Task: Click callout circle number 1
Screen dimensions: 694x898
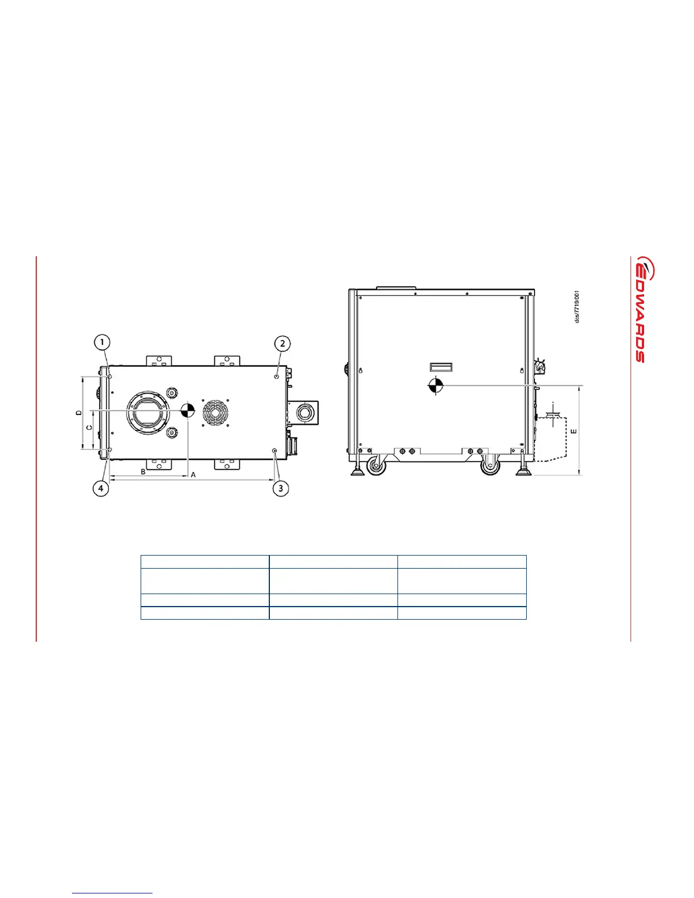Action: tap(102, 342)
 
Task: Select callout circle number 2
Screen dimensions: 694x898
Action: tap(283, 344)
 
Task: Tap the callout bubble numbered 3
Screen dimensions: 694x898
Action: tap(281, 489)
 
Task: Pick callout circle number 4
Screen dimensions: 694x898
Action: tap(101, 489)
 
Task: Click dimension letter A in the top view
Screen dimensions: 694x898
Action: tap(193, 475)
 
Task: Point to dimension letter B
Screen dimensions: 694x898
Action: tap(143, 472)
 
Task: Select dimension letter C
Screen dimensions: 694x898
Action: tap(89, 427)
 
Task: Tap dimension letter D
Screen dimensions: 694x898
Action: tap(79, 412)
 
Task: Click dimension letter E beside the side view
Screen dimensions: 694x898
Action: tap(573, 431)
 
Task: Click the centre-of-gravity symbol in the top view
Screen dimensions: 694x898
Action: tap(188, 410)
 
